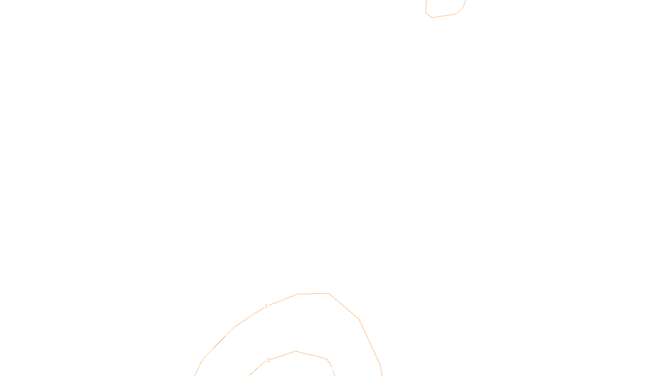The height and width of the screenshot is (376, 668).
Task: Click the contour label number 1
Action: pos(266,306)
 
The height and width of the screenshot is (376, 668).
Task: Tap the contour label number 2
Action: pos(268,360)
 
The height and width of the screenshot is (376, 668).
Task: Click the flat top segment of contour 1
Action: pos(313,294)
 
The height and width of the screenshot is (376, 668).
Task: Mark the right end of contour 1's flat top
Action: pos(329,293)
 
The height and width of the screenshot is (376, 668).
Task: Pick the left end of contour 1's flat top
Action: pos(298,294)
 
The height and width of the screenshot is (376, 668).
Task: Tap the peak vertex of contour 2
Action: pos(296,351)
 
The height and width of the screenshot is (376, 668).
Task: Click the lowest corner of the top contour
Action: pos(432,18)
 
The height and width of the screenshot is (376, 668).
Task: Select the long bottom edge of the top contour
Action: pos(444,15)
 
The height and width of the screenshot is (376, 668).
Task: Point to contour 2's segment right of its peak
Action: pos(311,355)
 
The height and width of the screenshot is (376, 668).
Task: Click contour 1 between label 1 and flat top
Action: pos(283,300)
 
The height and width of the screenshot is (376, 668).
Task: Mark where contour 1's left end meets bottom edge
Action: pos(195,375)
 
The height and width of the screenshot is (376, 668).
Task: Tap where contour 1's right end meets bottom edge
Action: pos(382,375)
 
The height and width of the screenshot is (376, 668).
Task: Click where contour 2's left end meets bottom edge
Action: pos(249,375)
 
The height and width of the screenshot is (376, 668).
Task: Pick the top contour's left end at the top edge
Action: pos(426,1)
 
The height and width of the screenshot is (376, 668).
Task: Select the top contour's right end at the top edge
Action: pos(466,1)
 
